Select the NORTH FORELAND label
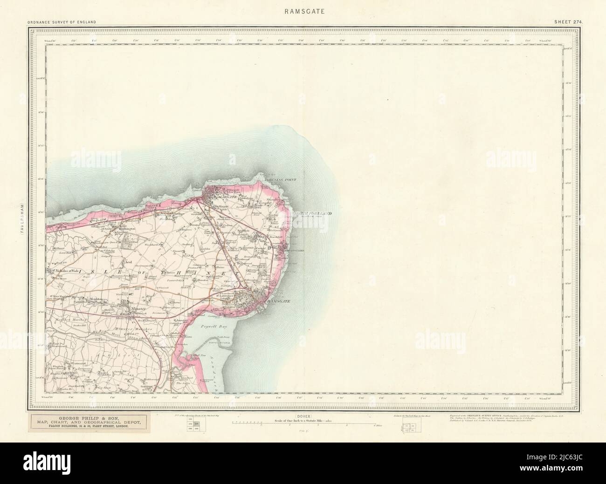pos(313,213)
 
